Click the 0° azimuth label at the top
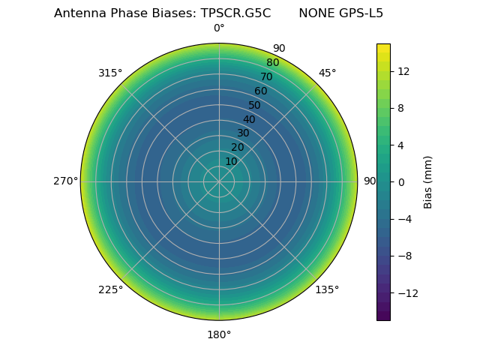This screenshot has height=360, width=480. tap(219, 28)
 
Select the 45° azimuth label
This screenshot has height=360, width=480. tap(327, 73)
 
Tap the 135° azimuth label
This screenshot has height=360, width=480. tap(327, 289)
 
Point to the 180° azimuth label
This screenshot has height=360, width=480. tap(219, 334)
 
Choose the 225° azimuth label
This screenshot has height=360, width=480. tap(110, 289)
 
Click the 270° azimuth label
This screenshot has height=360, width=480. tap(66, 181)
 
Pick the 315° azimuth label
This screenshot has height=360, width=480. tap(110, 73)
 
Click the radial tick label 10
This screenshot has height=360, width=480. tap(231, 161)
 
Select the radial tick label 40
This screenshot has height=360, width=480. tap(249, 119)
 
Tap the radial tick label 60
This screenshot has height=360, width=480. tap(260, 91)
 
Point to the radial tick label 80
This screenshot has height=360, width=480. tap(272, 62)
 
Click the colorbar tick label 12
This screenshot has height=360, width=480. tap(403, 70)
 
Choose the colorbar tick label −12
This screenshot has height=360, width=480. tap(405, 292)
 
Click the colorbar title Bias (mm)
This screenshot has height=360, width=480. tap(428, 181)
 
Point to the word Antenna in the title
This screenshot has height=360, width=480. tap(78, 13)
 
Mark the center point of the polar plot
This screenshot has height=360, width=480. tap(219, 181)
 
